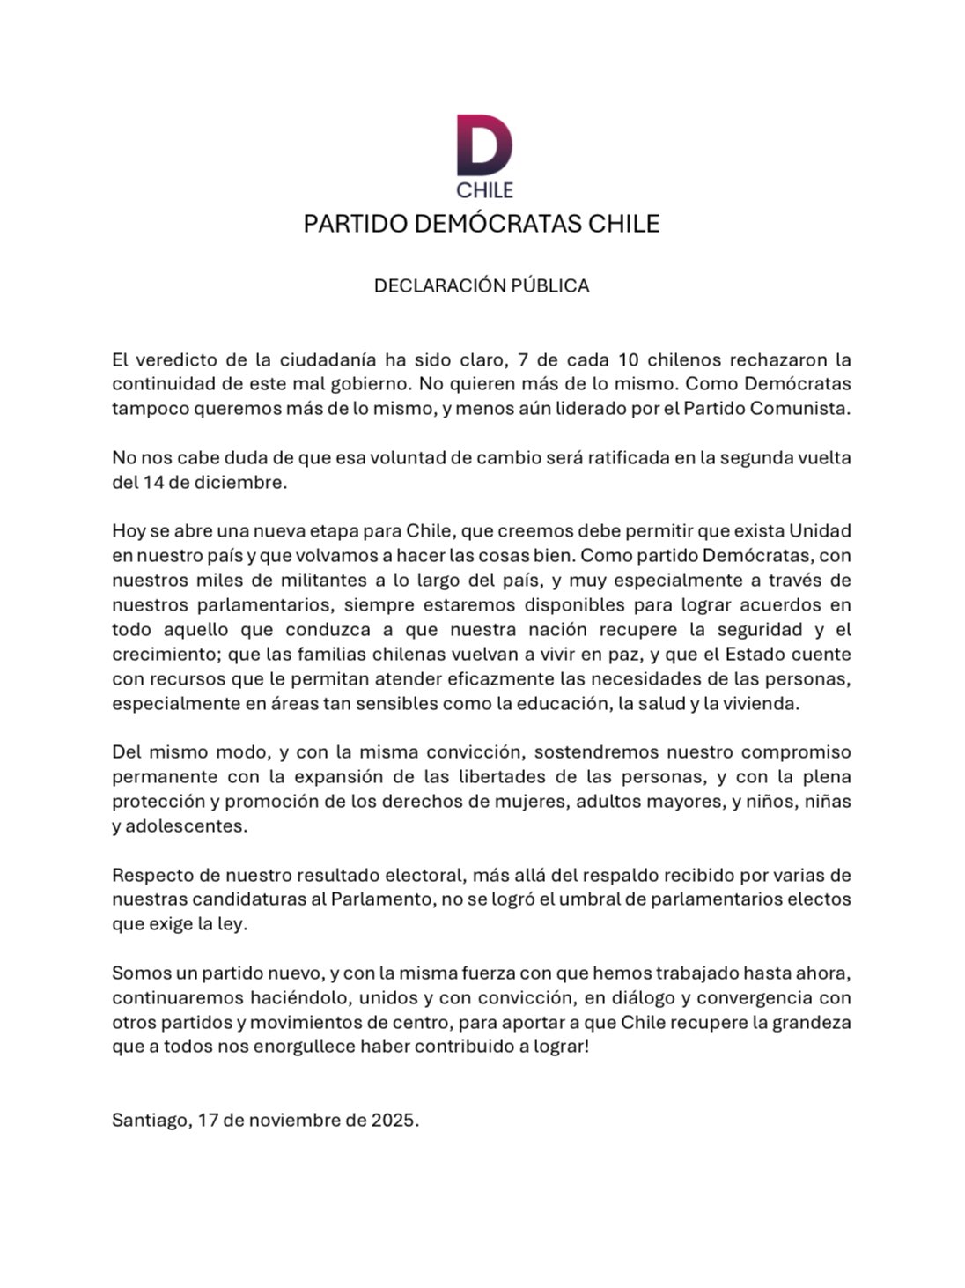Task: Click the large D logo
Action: (x=483, y=145)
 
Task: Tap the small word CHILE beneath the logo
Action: (x=483, y=189)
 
